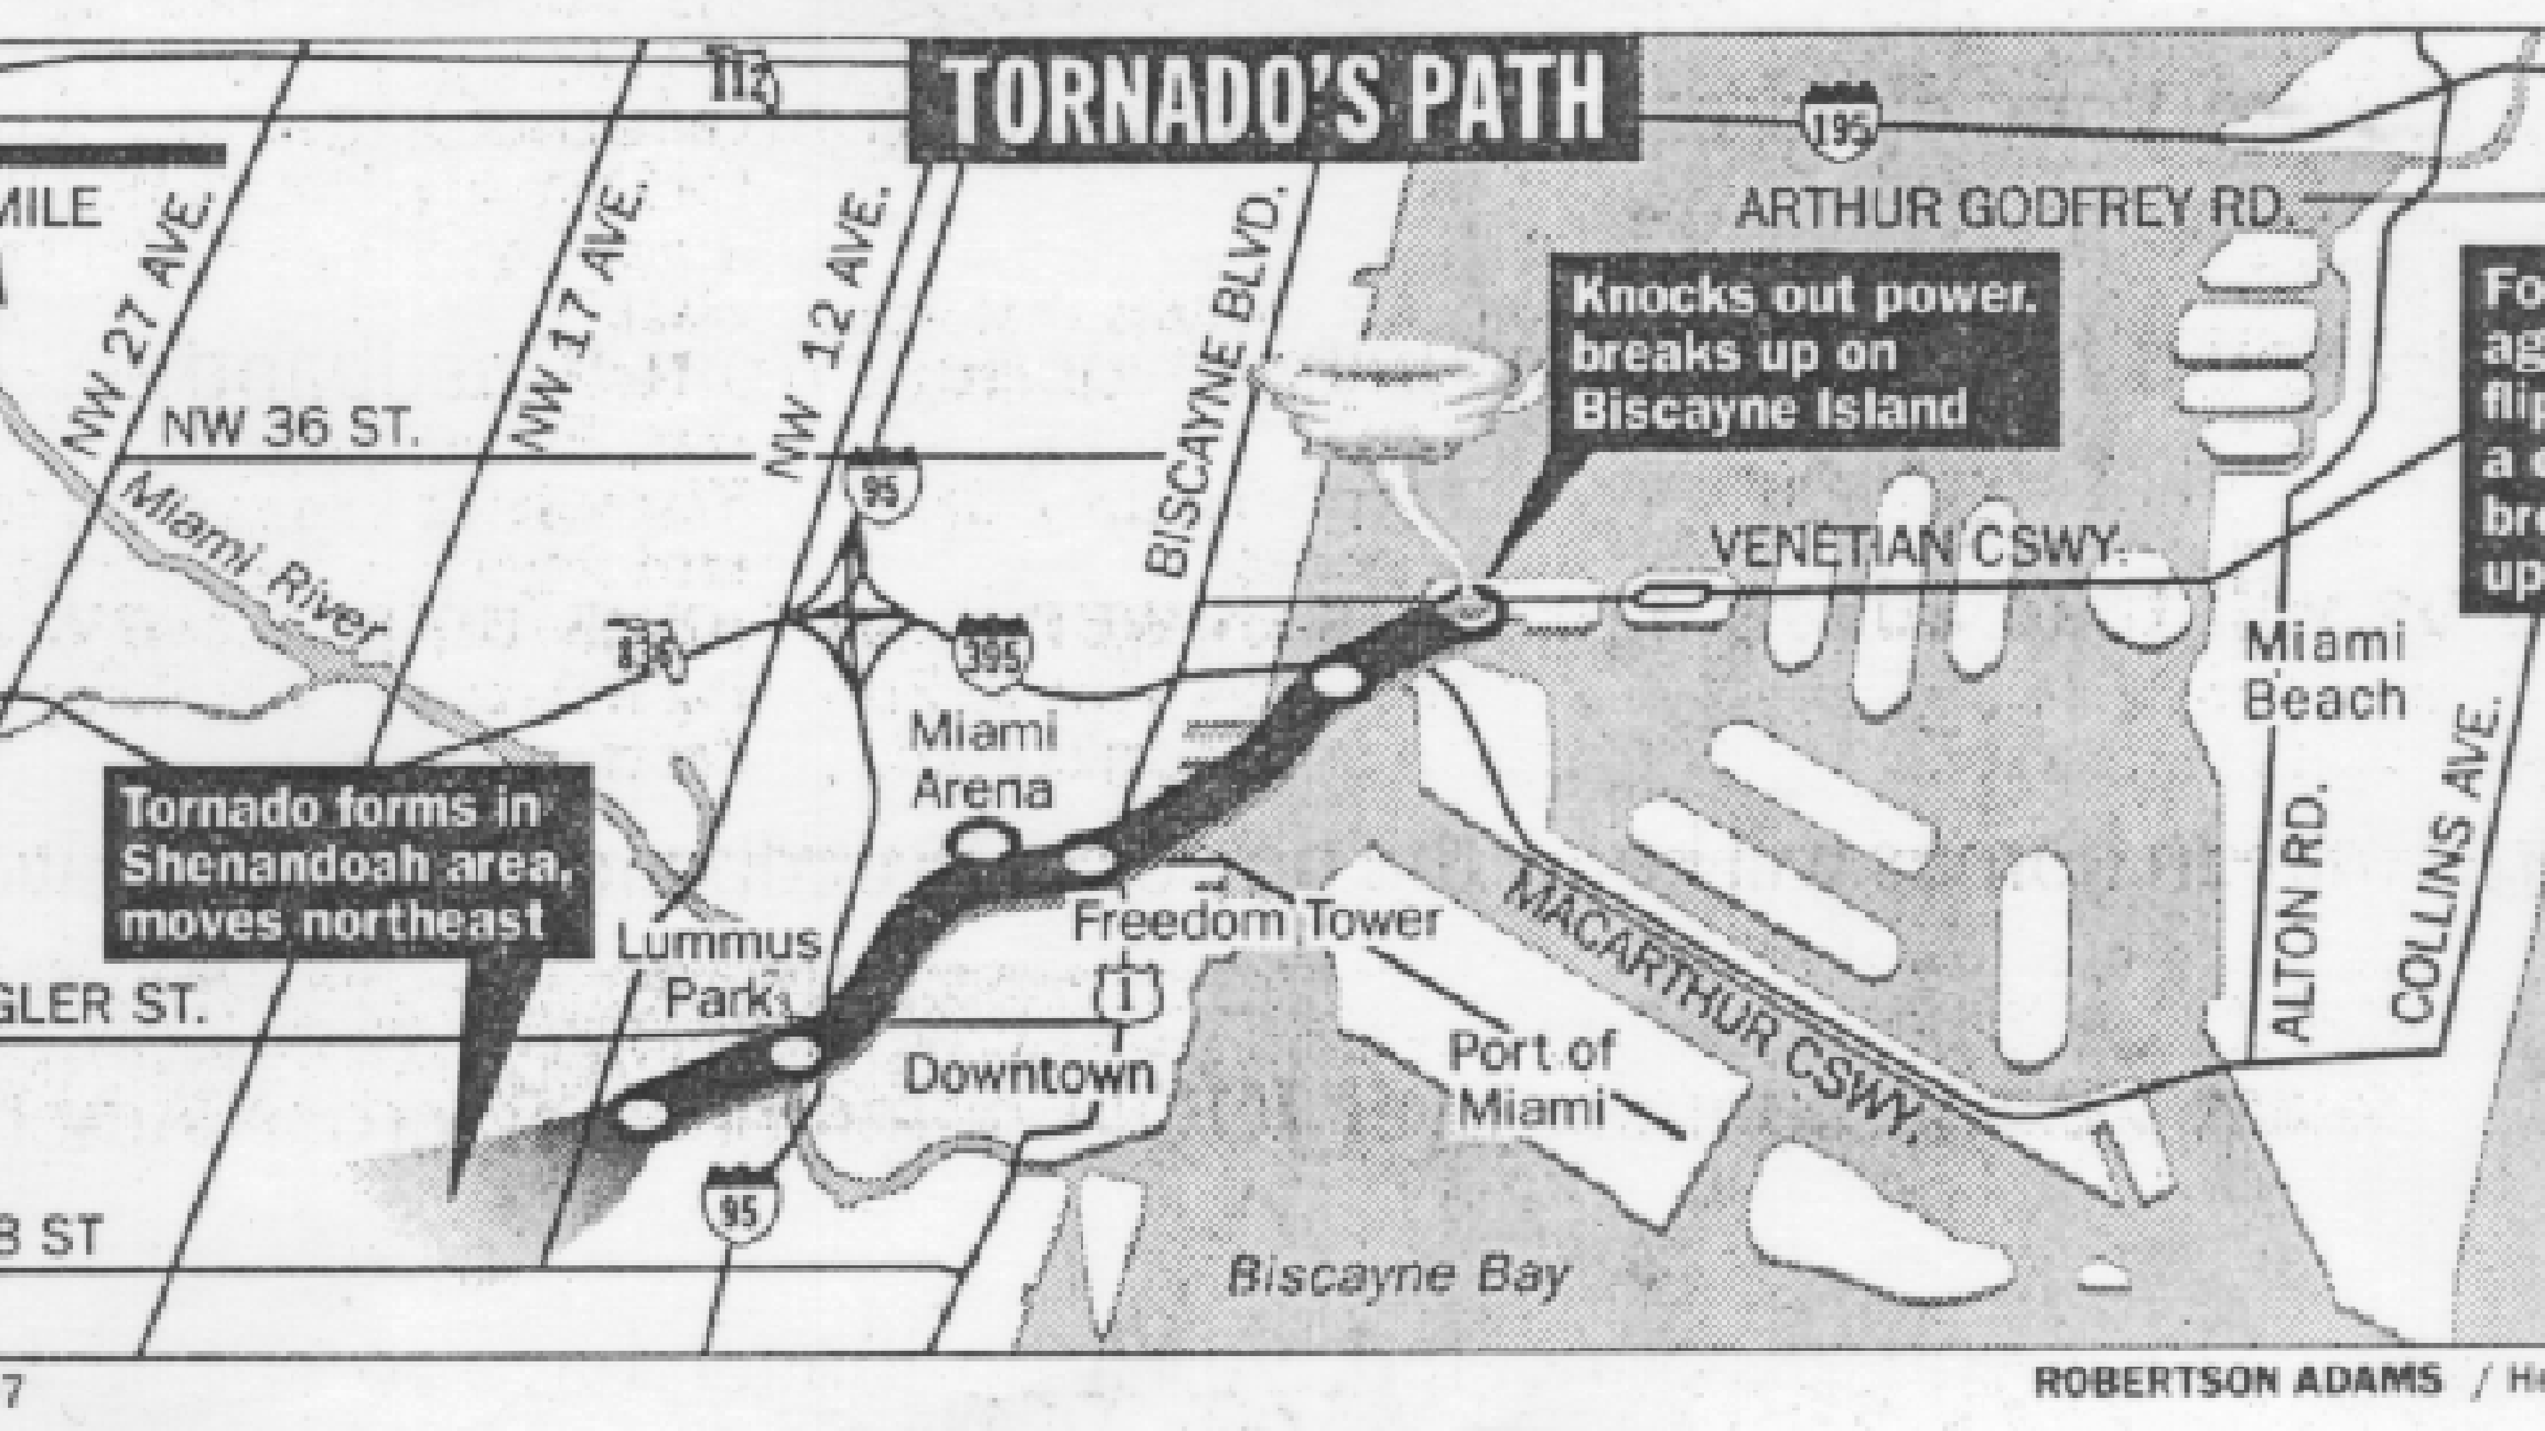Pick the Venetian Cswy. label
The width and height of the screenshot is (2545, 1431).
pyautogui.click(x=1917, y=547)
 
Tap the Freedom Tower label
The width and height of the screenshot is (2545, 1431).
pyautogui.click(x=1255, y=922)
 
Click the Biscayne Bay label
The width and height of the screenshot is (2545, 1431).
pyautogui.click(x=1397, y=1274)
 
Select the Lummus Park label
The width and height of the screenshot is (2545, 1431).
pyautogui.click(x=719, y=970)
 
